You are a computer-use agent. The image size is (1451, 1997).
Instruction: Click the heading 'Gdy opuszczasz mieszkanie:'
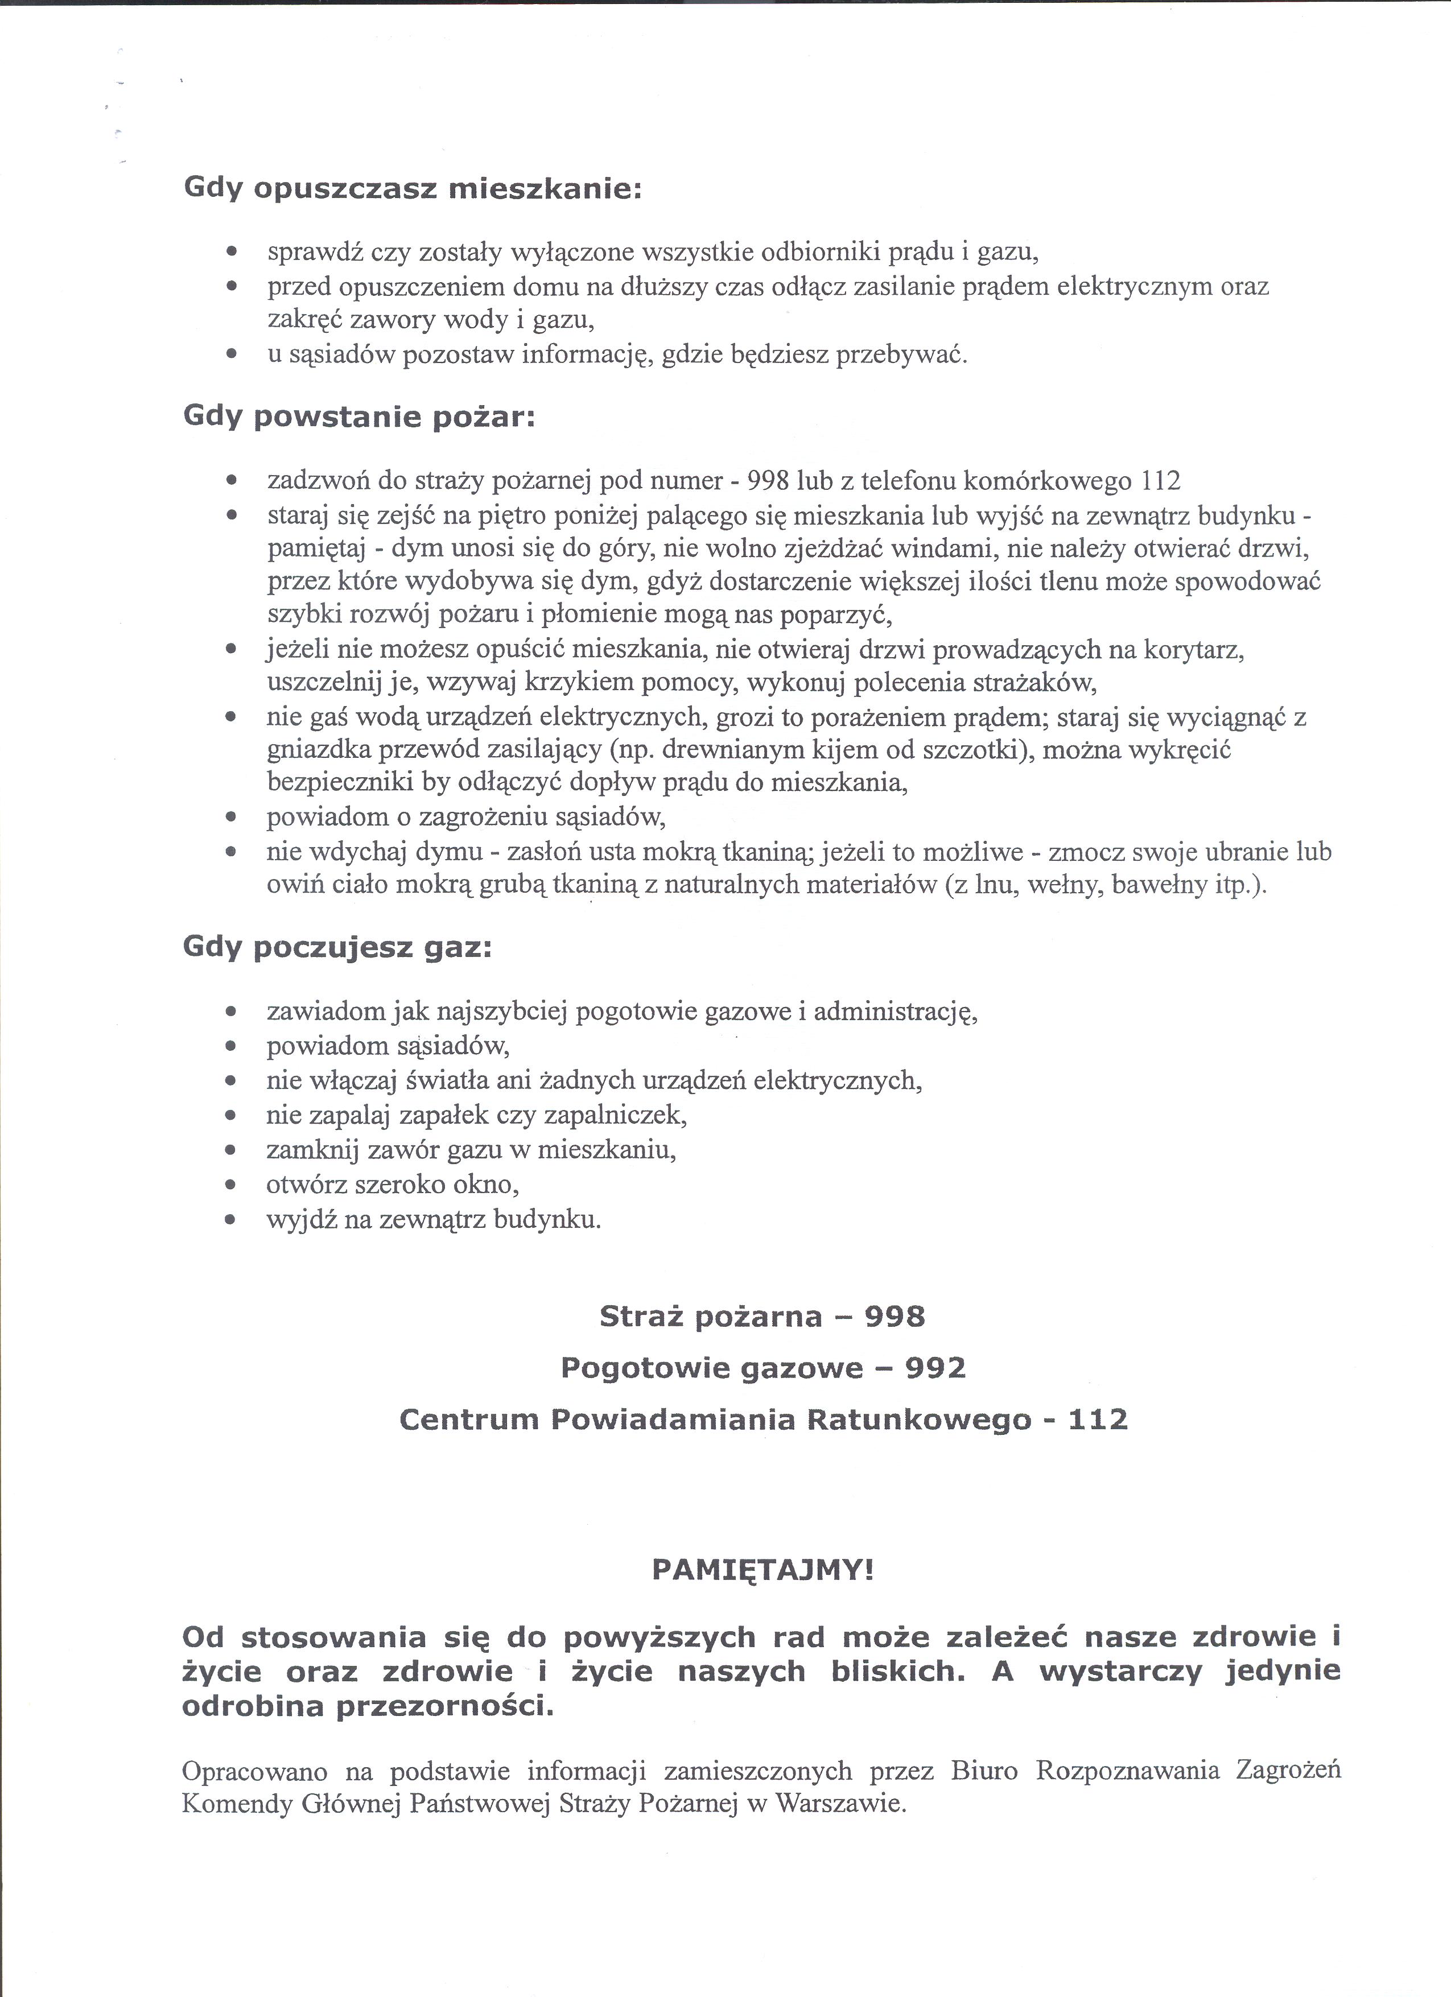click(x=412, y=190)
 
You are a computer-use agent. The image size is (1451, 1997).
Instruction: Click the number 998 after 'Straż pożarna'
click(x=894, y=1317)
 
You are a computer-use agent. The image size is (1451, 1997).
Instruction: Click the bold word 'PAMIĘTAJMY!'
click(x=762, y=1570)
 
